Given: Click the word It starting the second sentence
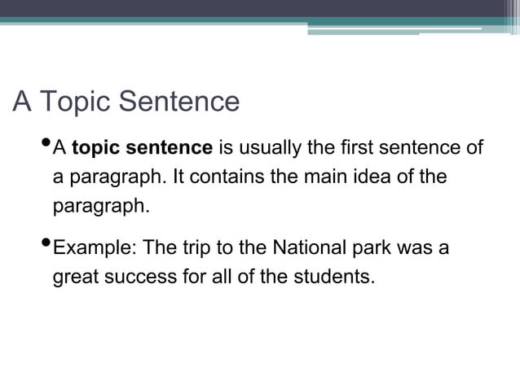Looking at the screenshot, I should [x=171, y=177].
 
